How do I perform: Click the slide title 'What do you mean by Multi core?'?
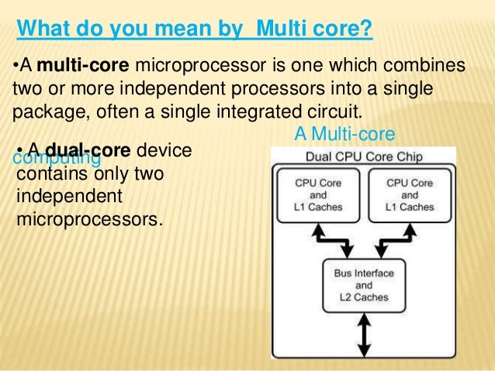pyautogui.click(x=195, y=30)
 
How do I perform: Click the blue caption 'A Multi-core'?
pyautogui.click(x=344, y=136)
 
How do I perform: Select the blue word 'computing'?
pyautogui.click(x=57, y=158)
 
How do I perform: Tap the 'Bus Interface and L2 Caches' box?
pyautogui.click(x=362, y=286)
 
